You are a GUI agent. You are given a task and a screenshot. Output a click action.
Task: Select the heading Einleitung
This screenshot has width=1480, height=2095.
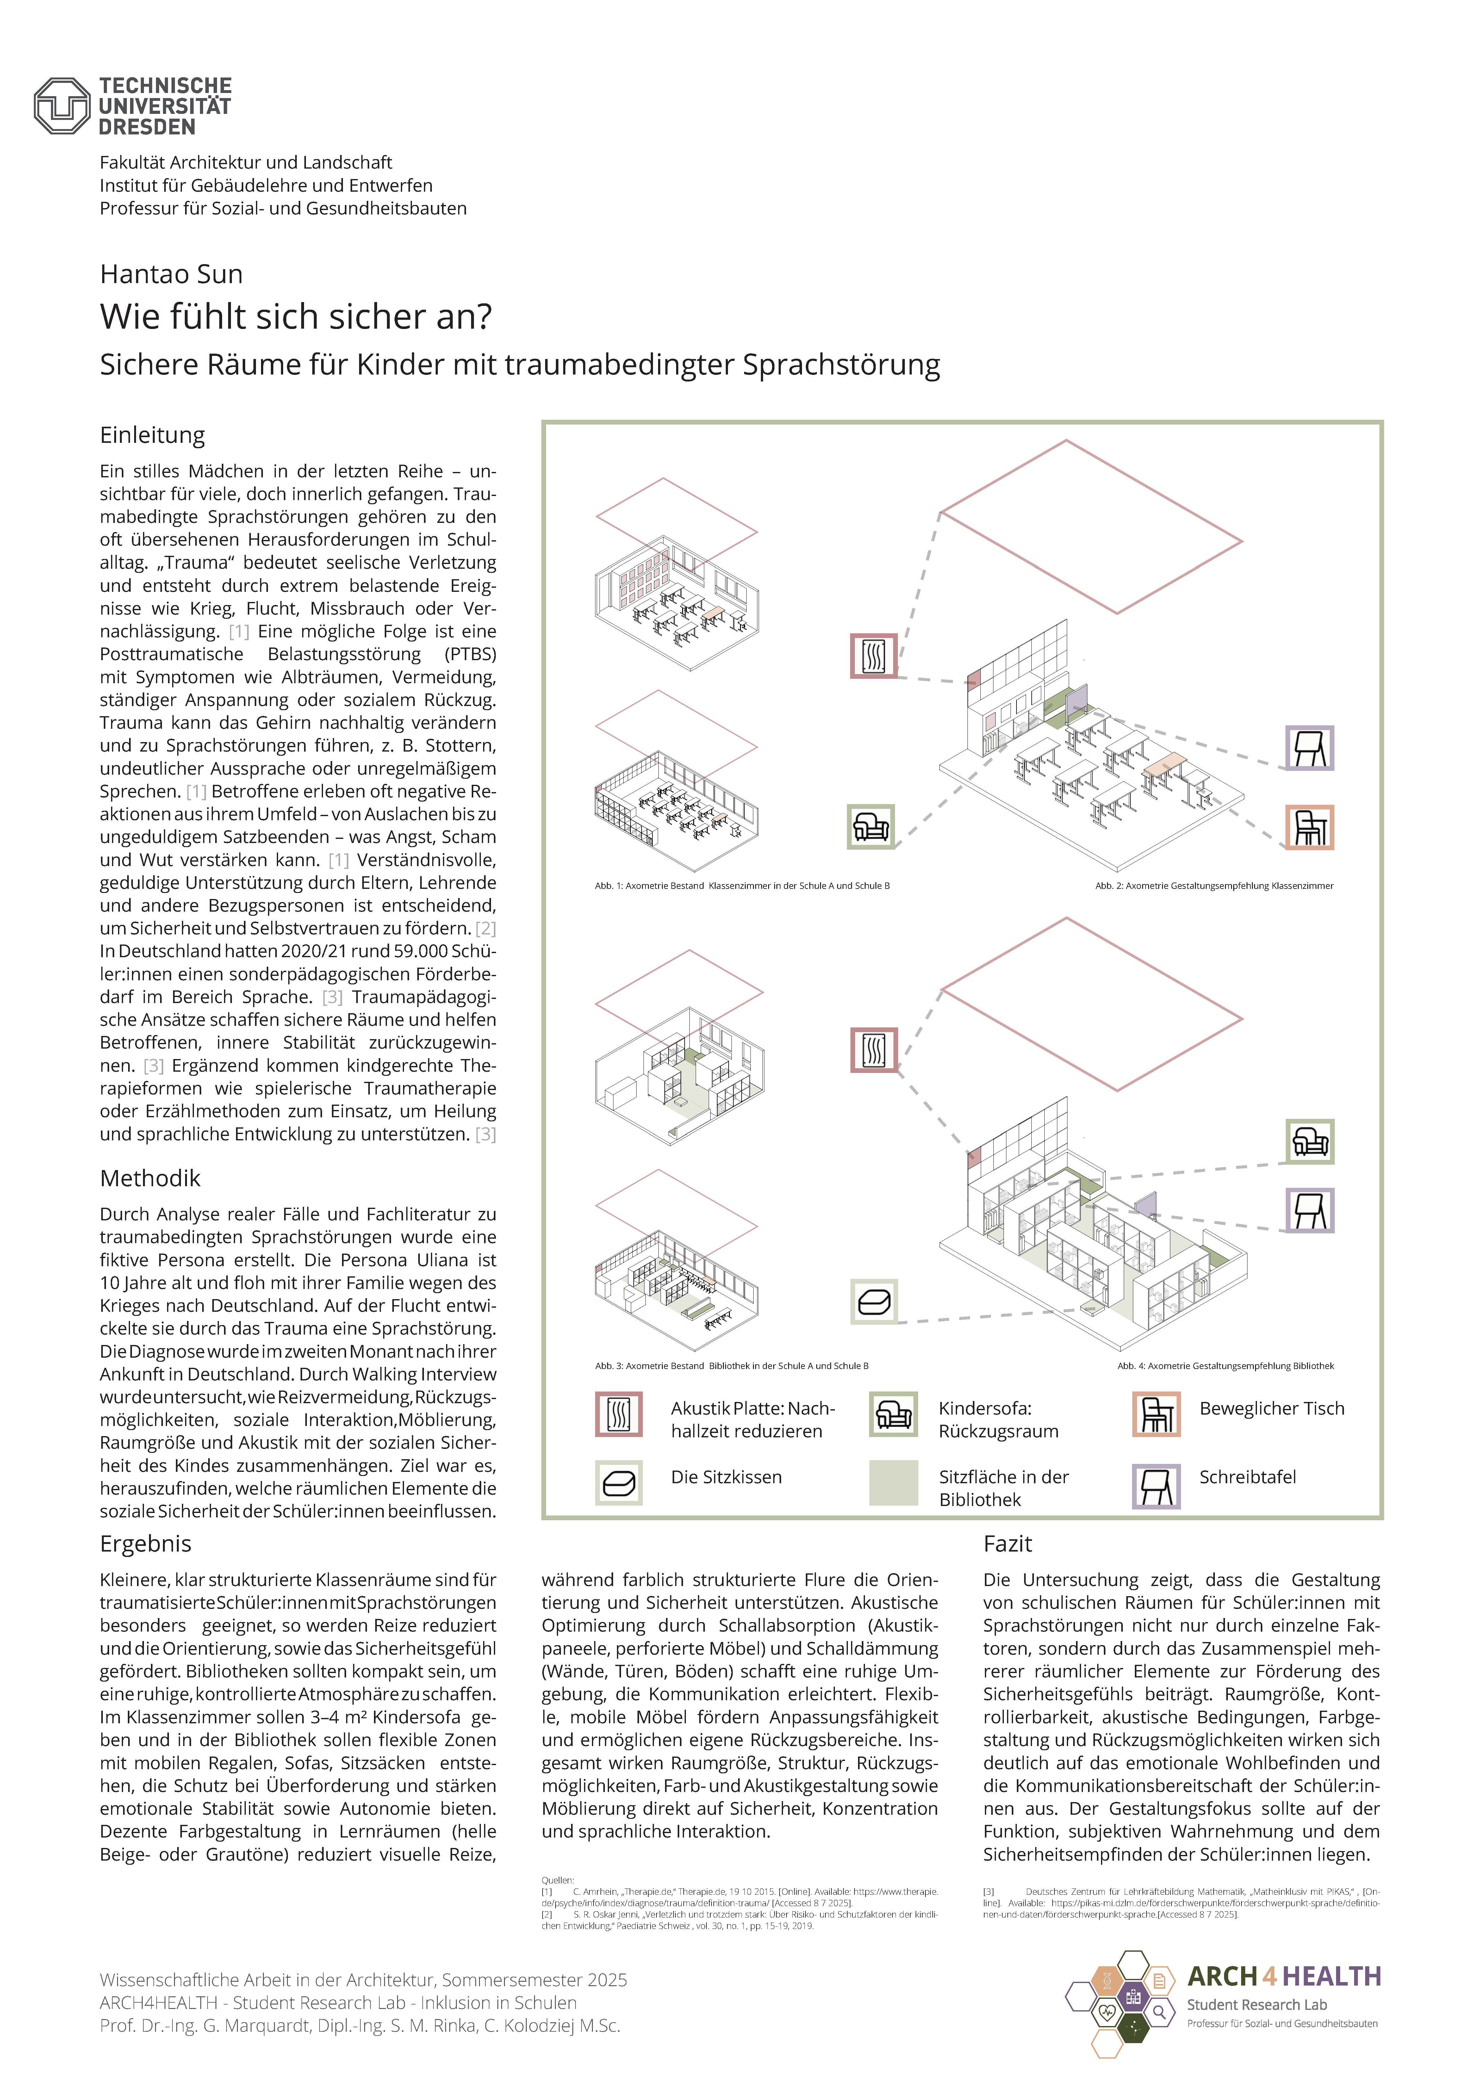152,435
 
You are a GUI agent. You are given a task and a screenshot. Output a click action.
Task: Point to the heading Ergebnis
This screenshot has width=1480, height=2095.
146,1544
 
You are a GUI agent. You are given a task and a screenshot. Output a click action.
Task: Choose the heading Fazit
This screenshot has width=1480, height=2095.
1007,1544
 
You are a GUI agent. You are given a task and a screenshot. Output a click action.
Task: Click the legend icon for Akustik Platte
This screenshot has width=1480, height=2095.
619,1415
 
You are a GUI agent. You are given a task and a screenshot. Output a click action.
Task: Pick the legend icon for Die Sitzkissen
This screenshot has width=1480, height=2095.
619,1483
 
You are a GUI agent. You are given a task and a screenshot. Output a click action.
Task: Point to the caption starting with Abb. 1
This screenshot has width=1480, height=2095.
742,886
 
